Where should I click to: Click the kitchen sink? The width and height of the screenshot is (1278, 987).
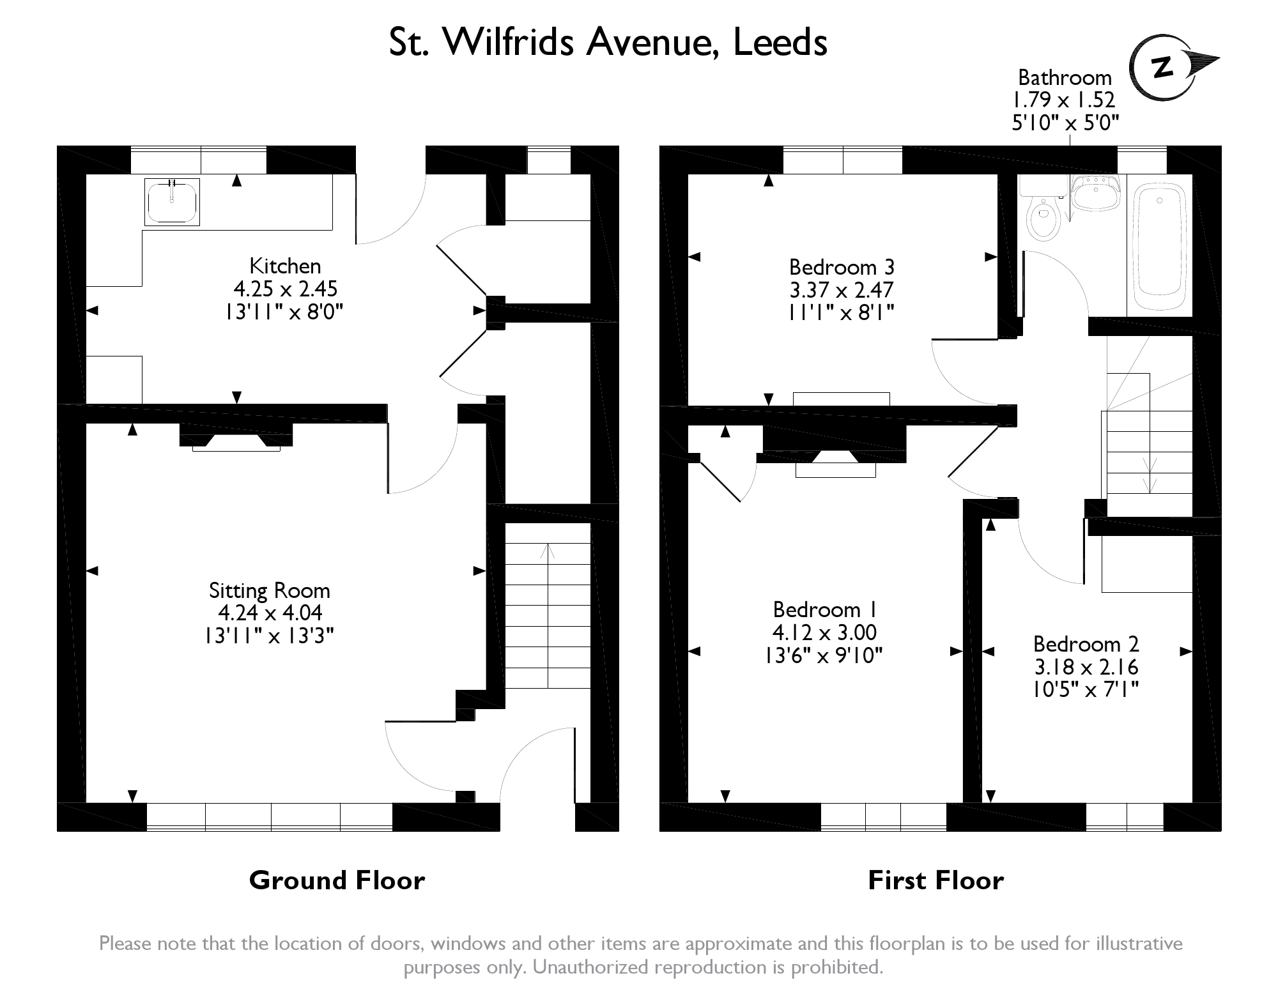pyautogui.click(x=172, y=201)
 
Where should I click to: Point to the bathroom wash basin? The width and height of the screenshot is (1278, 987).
pyautogui.click(x=1095, y=193)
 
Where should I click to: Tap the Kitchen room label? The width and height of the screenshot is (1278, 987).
pyautogui.click(x=285, y=266)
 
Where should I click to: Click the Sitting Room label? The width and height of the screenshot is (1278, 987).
pyautogui.click(x=269, y=591)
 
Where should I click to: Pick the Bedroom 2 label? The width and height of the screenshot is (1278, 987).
pyautogui.click(x=1086, y=644)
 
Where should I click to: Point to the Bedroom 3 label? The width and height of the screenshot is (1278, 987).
pyautogui.click(x=842, y=266)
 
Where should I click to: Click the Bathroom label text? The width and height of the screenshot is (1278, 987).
pyautogui.click(x=1065, y=77)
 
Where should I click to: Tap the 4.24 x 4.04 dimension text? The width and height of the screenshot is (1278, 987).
pyautogui.click(x=270, y=613)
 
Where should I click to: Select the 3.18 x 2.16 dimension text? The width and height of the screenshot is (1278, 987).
pyautogui.click(x=1086, y=667)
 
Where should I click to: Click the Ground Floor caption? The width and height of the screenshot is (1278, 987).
pyautogui.click(x=337, y=880)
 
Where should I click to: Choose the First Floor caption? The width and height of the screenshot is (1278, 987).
pyautogui.click(x=935, y=880)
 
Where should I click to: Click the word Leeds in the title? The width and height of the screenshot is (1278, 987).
pyautogui.click(x=780, y=43)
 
